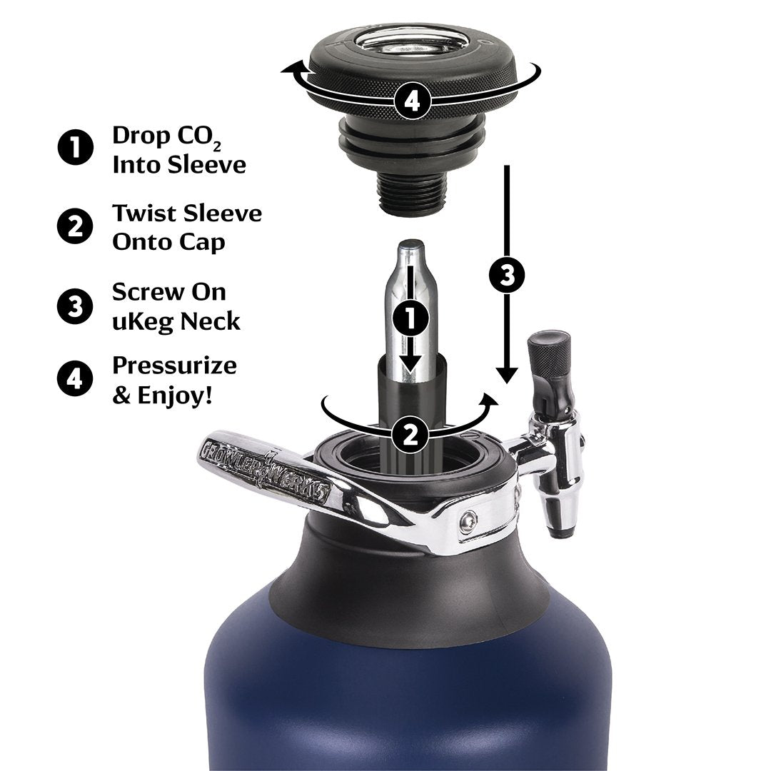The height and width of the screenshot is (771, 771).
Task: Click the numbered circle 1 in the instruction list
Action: (x=74, y=149)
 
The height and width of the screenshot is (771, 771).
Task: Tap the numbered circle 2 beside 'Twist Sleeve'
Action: (x=74, y=227)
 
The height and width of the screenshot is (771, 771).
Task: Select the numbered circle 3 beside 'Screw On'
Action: (x=74, y=306)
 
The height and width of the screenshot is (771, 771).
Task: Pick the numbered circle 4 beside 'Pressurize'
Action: (x=74, y=378)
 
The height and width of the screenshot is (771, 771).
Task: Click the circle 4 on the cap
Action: (x=412, y=102)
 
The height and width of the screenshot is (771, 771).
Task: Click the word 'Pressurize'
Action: (x=174, y=366)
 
